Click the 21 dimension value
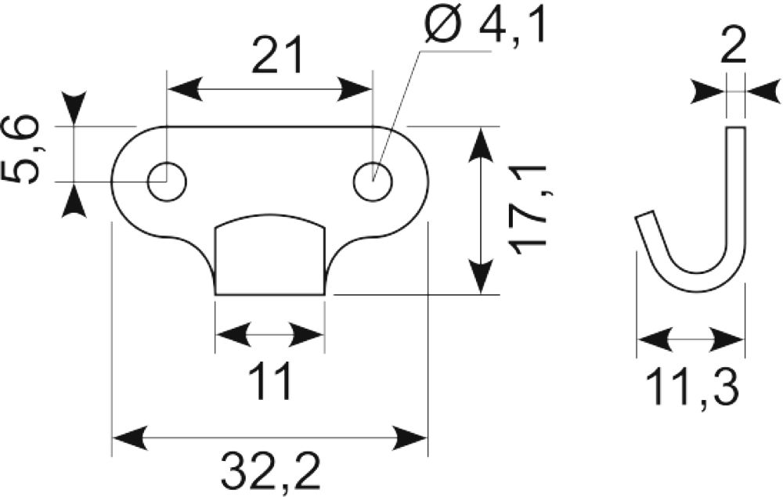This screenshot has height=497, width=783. pyautogui.click(x=278, y=56)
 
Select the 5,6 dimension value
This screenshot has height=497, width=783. pyautogui.click(x=24, y=150)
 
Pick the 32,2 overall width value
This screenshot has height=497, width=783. pyautogui.click(x=271, y=470)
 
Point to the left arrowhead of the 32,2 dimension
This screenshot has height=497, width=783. pyautogui.click(x=131, y=438)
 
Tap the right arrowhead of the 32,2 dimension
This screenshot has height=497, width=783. pyautogui.click(x=410, y=438)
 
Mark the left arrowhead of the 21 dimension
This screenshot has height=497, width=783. pyautogui.click(x=186, y=90)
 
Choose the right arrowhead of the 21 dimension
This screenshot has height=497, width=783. pyautogui.click(x=355, y=90)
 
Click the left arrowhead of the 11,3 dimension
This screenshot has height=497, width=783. pyautogui.click(x=655, y=340)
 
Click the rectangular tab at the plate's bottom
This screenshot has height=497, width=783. pyautogui.click(x=269, y=255)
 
